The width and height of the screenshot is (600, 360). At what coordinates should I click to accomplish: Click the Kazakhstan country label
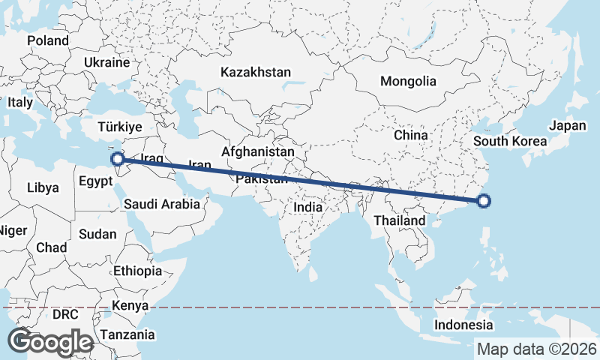[255, 73]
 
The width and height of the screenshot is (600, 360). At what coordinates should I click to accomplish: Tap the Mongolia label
[408, 81]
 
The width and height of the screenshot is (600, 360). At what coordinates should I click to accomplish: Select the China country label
[410, 135]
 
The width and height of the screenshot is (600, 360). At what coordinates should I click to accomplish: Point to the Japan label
[567, 126]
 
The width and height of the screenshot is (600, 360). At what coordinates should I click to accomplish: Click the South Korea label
[510, 141]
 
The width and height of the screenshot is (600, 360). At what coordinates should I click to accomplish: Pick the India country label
[308, 206]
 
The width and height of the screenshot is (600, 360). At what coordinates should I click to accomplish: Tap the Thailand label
[400, 220]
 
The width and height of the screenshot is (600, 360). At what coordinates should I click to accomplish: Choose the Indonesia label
[464, 325]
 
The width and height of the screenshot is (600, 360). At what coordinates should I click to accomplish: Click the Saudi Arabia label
[162, 203]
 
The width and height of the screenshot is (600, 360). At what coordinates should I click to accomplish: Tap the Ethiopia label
[137, 271]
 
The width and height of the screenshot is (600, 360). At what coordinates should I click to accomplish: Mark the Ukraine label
[108, 62]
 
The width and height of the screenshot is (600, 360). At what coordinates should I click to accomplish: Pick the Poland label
[47, 40]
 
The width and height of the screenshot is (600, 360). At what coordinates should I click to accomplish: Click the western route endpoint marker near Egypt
[118, 159]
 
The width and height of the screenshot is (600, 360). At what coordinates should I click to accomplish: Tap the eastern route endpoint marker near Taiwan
[484, 200]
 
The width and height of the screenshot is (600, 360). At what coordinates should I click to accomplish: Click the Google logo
[50, 342]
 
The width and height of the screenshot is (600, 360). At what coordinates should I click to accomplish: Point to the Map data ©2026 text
[537, 349]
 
